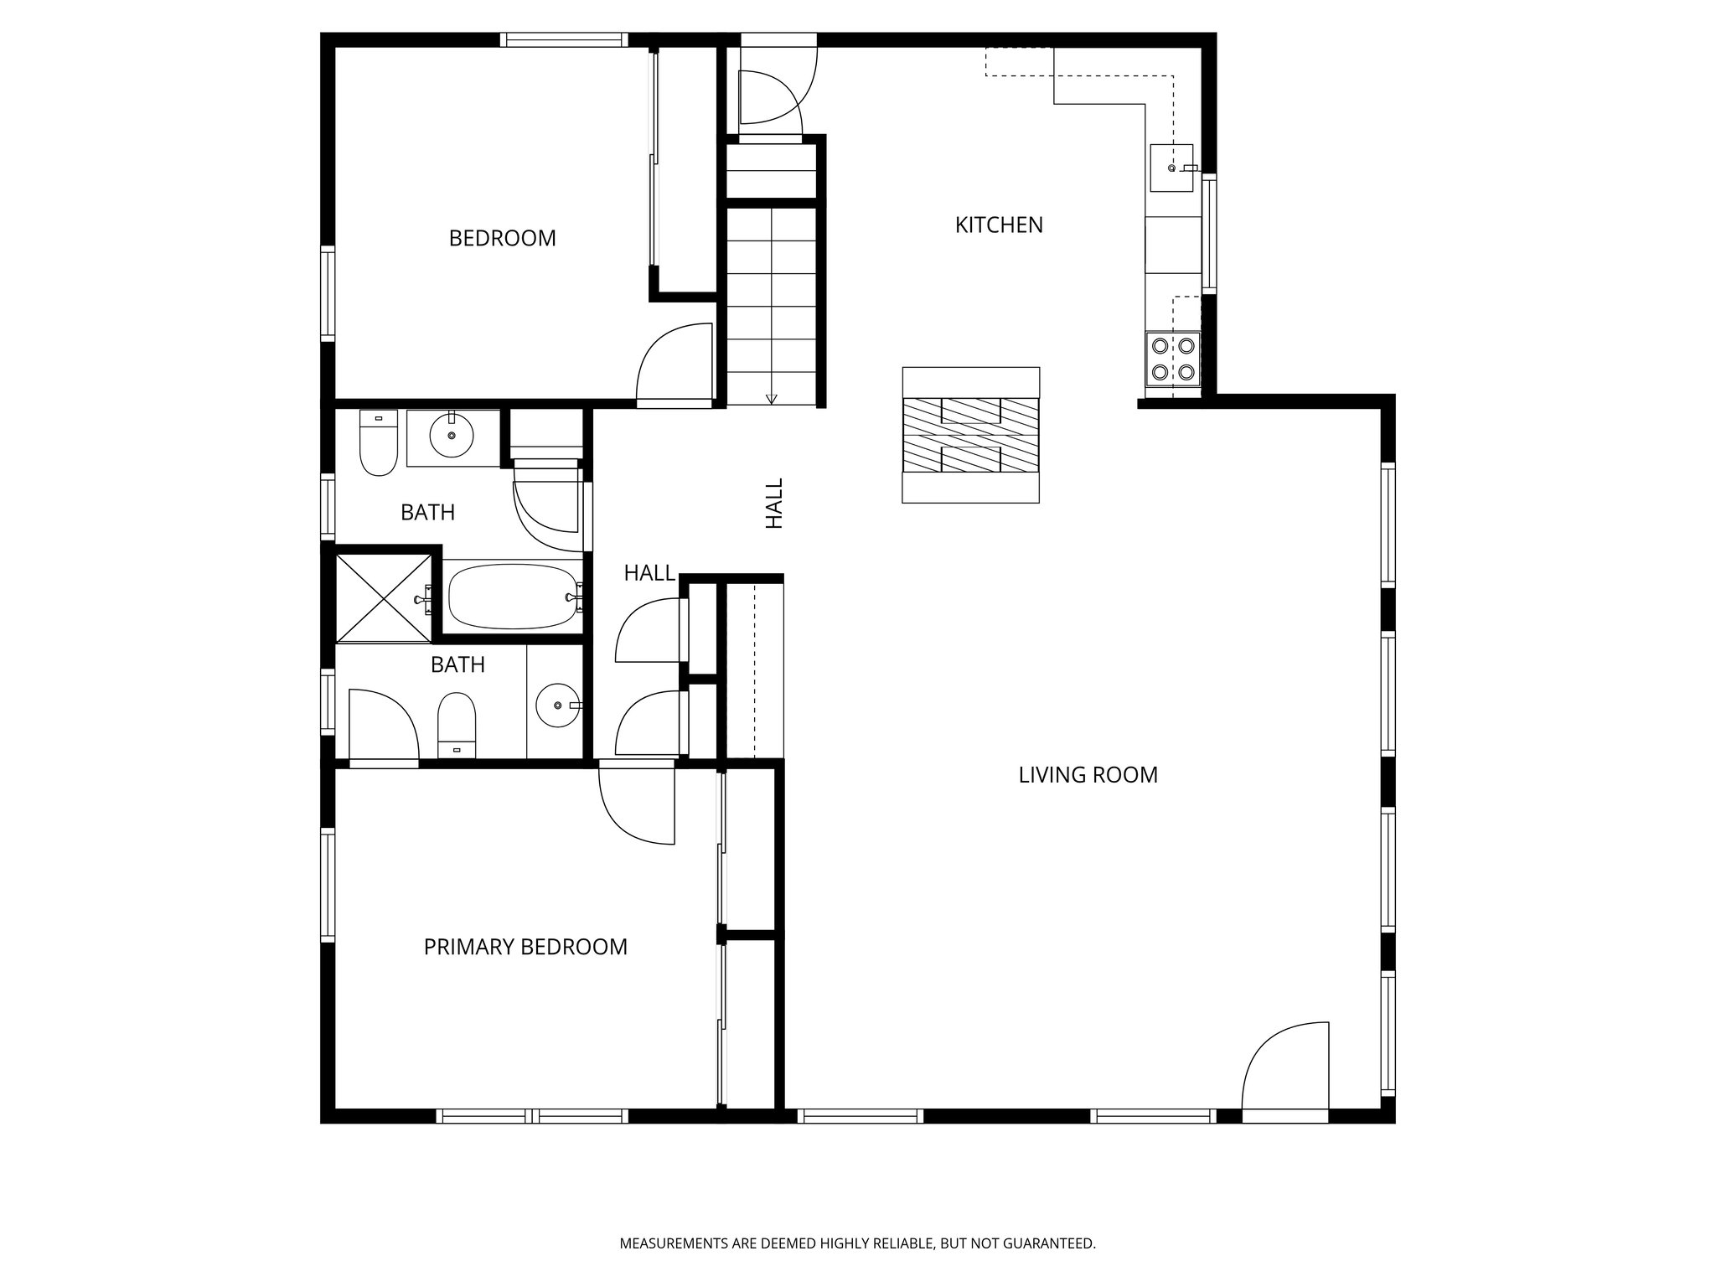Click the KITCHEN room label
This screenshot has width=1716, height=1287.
pos(999,225)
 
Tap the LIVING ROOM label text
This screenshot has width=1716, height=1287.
pos(1088,775)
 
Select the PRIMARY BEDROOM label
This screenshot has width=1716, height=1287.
pos(525,947)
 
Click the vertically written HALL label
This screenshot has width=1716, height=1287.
pos(774,503)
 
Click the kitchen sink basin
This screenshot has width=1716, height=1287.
pos(1171,168)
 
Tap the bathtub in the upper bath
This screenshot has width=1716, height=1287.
pos(513,597)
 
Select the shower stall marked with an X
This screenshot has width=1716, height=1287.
pos(382,597)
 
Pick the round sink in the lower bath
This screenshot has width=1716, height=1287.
pos(557,706)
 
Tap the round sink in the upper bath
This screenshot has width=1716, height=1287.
pos(452,434)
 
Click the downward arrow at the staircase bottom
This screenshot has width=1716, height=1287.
pos(772,398)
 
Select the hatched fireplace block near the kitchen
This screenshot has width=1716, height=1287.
pos(970,435)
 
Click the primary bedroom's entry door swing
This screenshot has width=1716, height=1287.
pos(637,804)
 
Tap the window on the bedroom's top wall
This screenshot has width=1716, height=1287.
pos(564,39)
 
